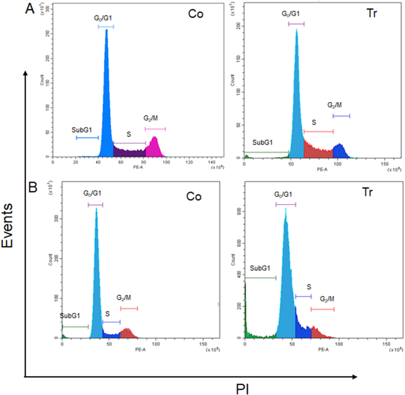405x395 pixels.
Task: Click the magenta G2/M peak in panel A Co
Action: [154, 148]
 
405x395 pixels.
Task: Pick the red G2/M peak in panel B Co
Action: [126, 333]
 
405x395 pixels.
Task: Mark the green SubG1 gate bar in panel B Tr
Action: [260, 277]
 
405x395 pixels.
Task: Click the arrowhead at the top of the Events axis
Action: [25, 72]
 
